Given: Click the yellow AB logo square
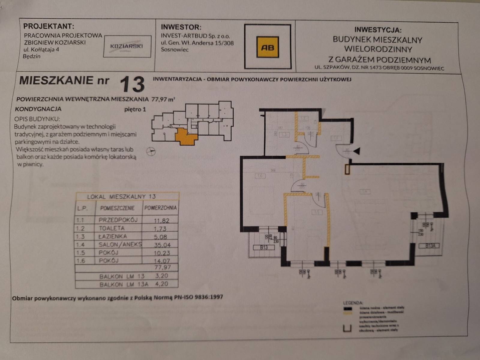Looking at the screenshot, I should tap(267, 47).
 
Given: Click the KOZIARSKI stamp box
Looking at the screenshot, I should tap(127, 46).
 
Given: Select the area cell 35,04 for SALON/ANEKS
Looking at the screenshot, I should tap(162, 244).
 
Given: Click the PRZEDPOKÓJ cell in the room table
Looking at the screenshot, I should tap(118, 220).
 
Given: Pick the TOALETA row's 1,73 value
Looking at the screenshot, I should tap(160, 229).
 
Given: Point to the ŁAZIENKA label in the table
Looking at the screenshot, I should tap(113, 236).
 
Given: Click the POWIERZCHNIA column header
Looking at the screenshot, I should tap(160, 208).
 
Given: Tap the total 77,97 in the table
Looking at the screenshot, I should tap(162, 267).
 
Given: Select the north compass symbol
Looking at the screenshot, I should tap(151, 151).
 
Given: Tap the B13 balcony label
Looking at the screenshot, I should tap(264, 247).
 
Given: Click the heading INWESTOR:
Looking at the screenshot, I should tap(181, 27).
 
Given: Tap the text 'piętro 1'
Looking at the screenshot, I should tap(135, 109).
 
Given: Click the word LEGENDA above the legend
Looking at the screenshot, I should tap(353, 303).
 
